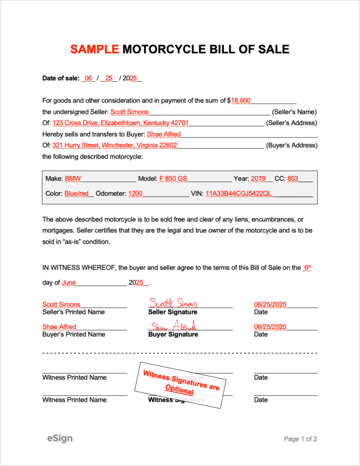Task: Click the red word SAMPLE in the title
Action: coord(95,49)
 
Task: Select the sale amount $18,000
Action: coord(241,101)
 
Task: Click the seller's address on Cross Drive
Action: coord(120,123)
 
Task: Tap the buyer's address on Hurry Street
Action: coord(115,145)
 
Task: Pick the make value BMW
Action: coord(73,179)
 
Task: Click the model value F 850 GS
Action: coord(173,179)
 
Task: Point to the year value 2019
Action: coord(258,179)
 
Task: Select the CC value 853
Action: coord(293,179)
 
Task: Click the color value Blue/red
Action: coord(76,193)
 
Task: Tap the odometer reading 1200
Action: coord(135,193)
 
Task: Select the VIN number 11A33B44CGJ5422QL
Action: coord(238,193)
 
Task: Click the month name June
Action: coord(69,282)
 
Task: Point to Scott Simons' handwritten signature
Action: coord(173,303)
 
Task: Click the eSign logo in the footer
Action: coord(60,438)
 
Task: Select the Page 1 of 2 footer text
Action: coord(300,439)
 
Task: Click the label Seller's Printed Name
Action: coord(73,312)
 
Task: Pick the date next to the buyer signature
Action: coord(270,327)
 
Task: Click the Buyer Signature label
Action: coord(173,334)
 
